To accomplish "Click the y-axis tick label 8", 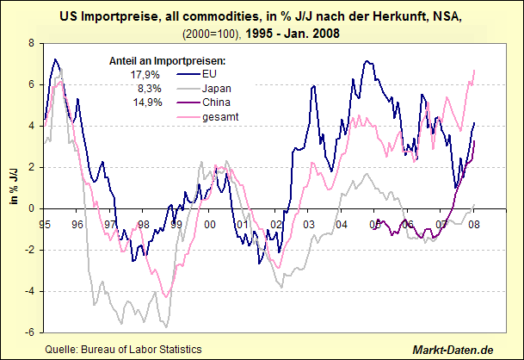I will click(x=31, y=42).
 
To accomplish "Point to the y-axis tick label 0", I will click(x=31, y=208).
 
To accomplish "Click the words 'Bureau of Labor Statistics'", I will click(x=141, y=349).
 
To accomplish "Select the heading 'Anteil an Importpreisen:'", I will click(x=169, y=62).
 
